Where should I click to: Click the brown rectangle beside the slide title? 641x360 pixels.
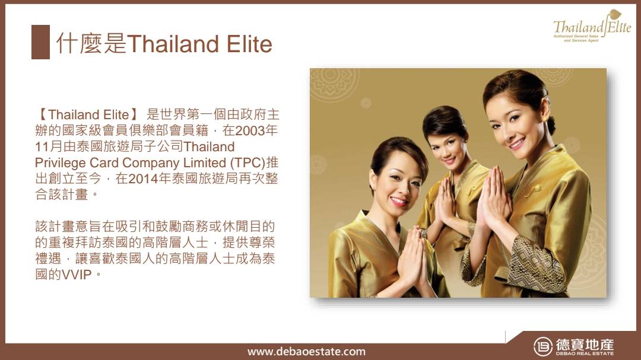click(x=40, y=42)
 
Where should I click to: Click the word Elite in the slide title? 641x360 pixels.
click(x=249, y=44)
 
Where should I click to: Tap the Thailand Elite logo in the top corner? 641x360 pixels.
click(x=592, y=26)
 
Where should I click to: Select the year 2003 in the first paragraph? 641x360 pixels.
click(x=250, y=130)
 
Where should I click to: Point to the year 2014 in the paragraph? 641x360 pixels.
click(x=143, y=179)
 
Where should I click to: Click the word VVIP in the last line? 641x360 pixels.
click(x=77, y=275)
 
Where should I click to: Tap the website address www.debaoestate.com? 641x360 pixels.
click(x=307, y=352)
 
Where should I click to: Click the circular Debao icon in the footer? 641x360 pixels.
click(x=543, y=346)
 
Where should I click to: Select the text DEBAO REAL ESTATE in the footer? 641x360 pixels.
click(x=585, y=353)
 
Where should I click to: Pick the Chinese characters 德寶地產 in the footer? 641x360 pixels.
click(x=585, y=344)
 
